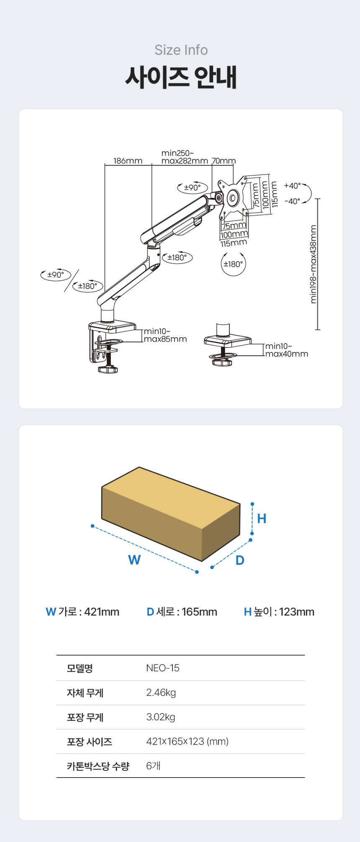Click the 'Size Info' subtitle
181,50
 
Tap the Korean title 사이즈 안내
181,77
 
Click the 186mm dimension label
128,161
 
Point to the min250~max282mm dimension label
185,157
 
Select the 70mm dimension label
224,161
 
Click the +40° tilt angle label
292,186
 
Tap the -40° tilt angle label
292,201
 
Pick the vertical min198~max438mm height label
314,264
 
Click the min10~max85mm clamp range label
165,335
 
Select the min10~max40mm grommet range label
287,350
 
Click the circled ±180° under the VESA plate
233,264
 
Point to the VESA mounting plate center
233,197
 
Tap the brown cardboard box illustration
171,514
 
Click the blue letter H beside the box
262,519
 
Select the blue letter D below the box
240,560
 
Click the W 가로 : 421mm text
82,612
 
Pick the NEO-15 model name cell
163,668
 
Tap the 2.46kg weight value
161,693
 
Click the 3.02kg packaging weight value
161,717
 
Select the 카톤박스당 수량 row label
98,766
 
